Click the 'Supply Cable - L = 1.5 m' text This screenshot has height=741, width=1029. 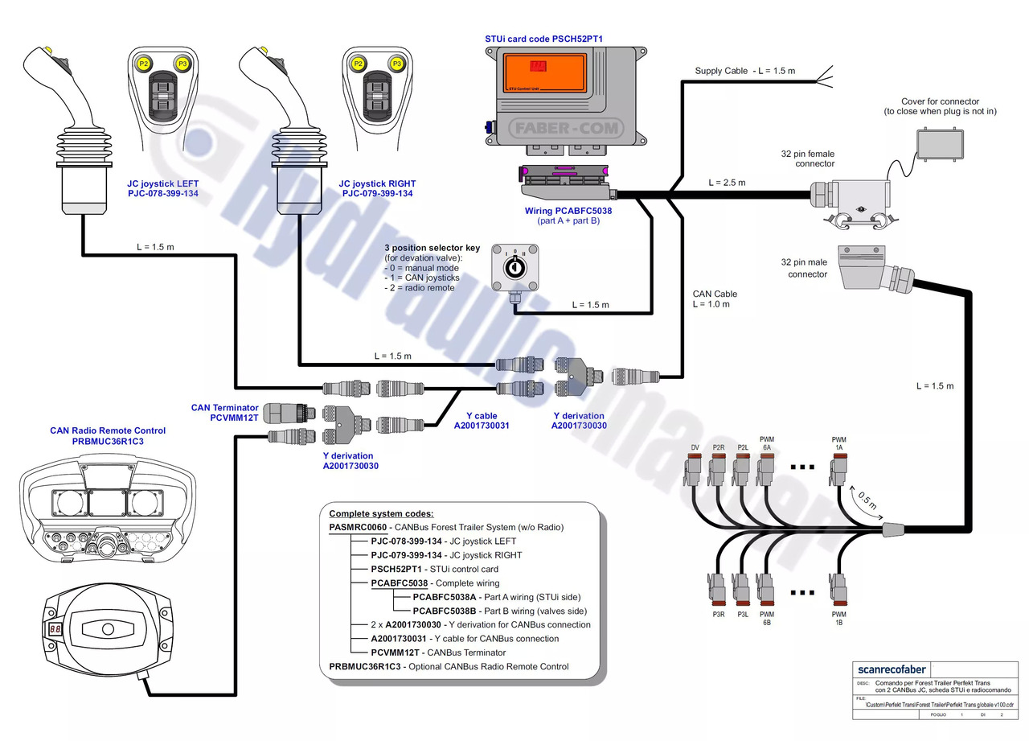(744, 71)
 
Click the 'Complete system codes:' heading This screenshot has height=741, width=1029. (381, 513)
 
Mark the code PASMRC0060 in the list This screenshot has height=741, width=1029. (358, 527)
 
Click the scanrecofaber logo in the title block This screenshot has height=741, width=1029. (892, 669)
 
